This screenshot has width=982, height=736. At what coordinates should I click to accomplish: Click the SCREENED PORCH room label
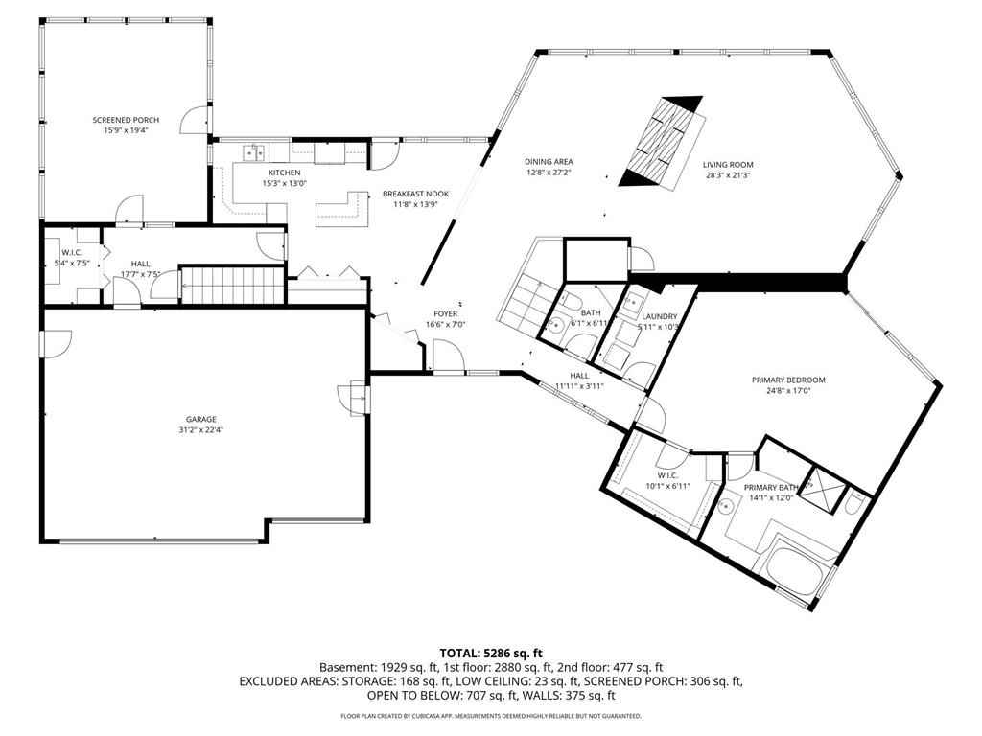[x=126, y=120]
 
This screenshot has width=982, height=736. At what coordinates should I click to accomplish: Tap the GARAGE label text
[x=201, y=420]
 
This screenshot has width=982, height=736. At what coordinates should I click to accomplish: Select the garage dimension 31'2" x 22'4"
[x=201, y=430]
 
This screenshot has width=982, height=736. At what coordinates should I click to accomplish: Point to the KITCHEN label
[x=284, y=172]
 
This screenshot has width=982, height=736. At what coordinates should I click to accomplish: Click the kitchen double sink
[x=254, y=152]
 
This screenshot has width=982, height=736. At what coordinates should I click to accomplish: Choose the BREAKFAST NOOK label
[x=416, y=194]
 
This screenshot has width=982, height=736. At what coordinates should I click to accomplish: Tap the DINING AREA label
[x=549, y=162]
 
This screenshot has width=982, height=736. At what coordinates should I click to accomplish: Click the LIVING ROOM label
[x=728, y=165]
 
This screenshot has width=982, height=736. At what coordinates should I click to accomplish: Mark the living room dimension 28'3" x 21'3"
[x=728, y=176]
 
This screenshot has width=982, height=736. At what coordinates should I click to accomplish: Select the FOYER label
[x=445, y=313]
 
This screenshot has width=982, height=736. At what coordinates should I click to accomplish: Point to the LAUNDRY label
[x=660, y=316]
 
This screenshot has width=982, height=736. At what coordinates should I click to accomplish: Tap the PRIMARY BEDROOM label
[x=788, y=379]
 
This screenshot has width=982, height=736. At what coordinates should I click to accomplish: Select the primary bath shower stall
[x=824, y=490]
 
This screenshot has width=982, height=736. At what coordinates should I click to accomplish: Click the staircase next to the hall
[x=233, y=286]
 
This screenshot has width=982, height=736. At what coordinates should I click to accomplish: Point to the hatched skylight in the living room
[x=664, y=143]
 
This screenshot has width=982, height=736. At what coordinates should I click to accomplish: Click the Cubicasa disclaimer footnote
[x=490, y=715]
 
